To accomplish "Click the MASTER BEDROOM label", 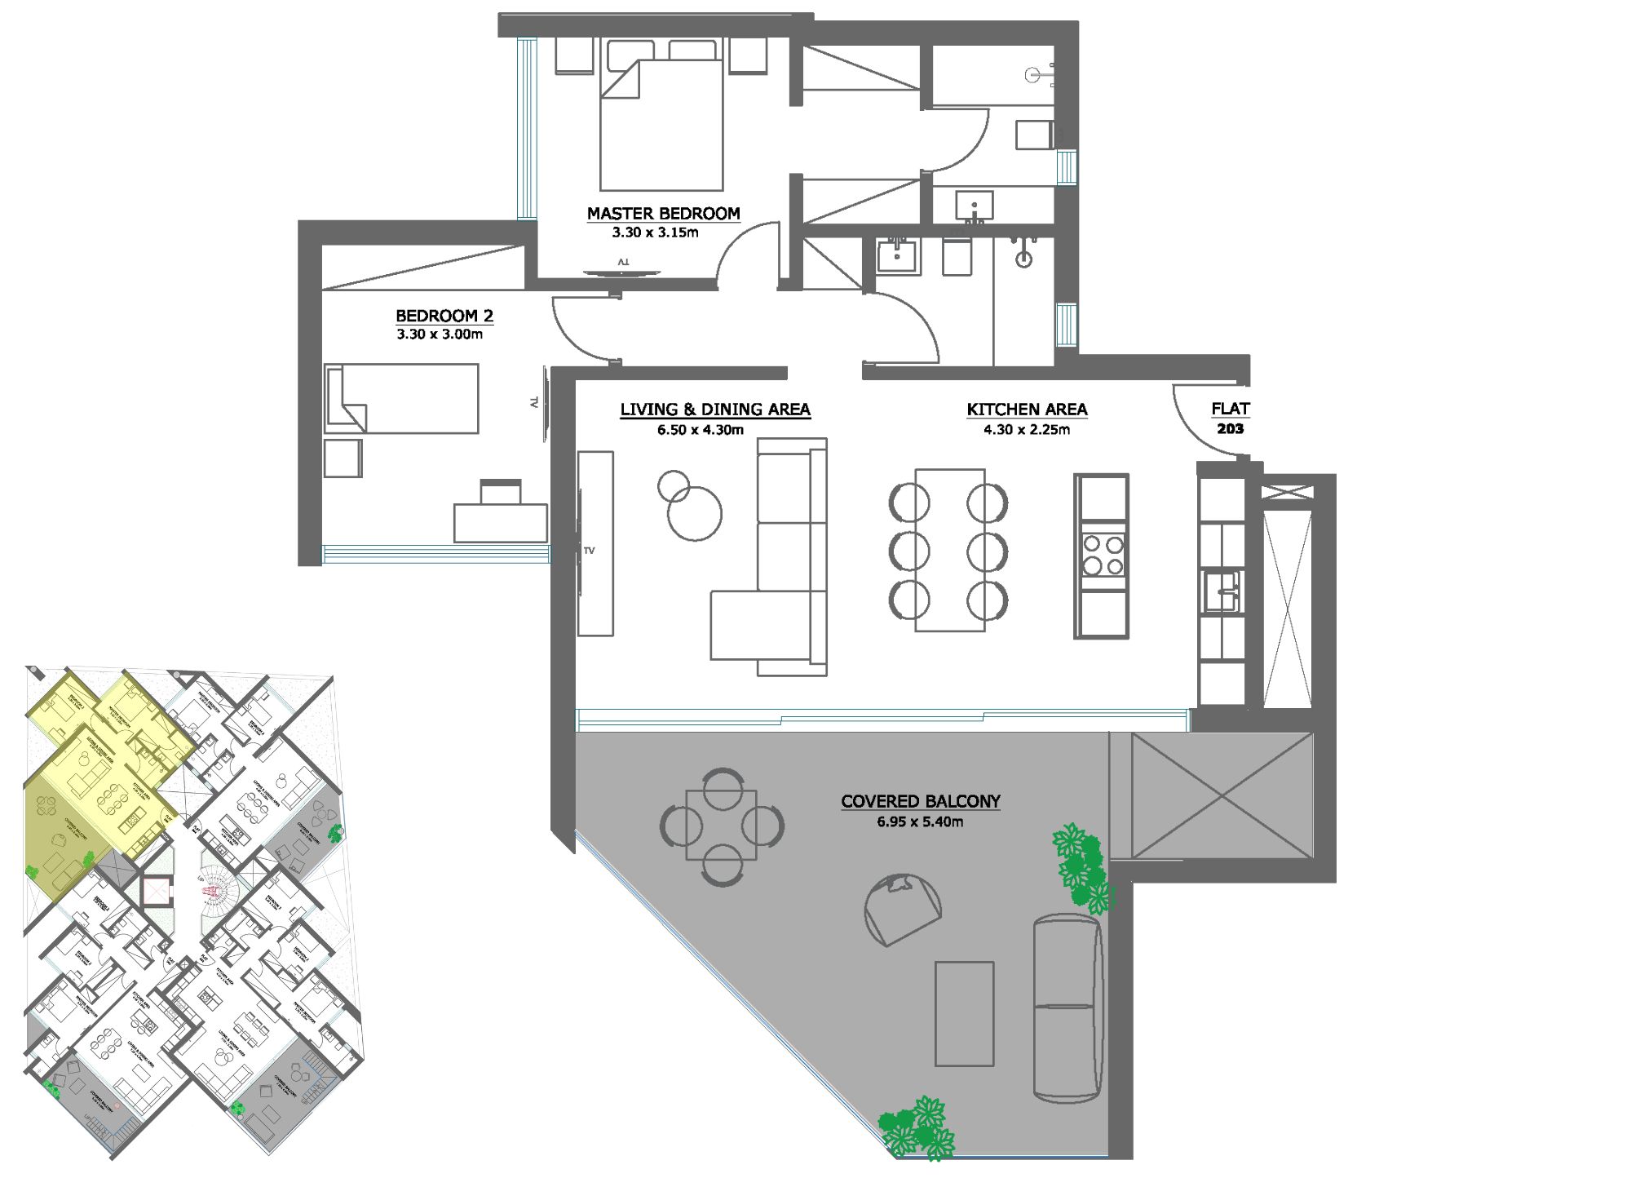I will point(663,214).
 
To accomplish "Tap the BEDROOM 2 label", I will point(444,316).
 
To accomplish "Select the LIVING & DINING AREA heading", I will point(714,410).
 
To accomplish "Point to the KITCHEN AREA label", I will point(1027,410).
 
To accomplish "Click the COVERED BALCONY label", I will point(920,801).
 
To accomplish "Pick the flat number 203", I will point(1230,429).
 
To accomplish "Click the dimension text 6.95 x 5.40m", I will point(920,822).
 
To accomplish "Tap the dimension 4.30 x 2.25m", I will point(1027,430).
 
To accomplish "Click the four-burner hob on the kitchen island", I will point(1102,555).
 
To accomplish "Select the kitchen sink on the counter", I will point(1222,591).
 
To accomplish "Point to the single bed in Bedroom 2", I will point(401,398).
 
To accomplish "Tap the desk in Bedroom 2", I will point(500,522).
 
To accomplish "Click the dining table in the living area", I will point(949,550).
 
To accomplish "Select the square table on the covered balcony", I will point(721,825).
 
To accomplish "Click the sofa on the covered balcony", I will point(1067,1007).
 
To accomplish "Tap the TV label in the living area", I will point(590,551).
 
